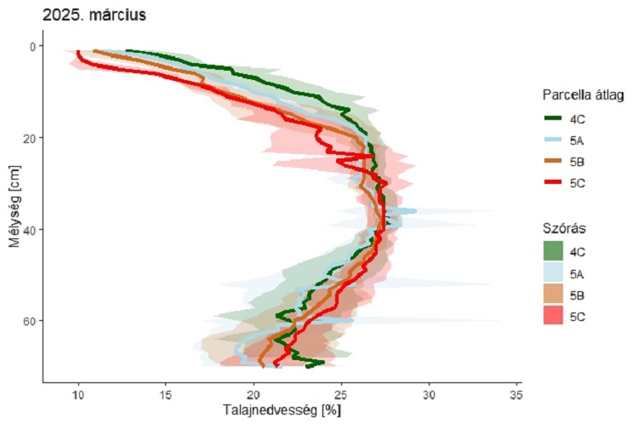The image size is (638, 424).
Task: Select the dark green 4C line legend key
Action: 554,118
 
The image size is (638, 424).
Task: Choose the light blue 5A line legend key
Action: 554,140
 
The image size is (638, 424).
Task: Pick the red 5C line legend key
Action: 554,182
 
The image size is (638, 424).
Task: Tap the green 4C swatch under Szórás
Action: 554,252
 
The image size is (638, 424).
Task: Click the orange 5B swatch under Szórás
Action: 554,295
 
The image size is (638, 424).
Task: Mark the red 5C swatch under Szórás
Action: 554,316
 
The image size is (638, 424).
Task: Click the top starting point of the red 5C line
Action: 78,52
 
